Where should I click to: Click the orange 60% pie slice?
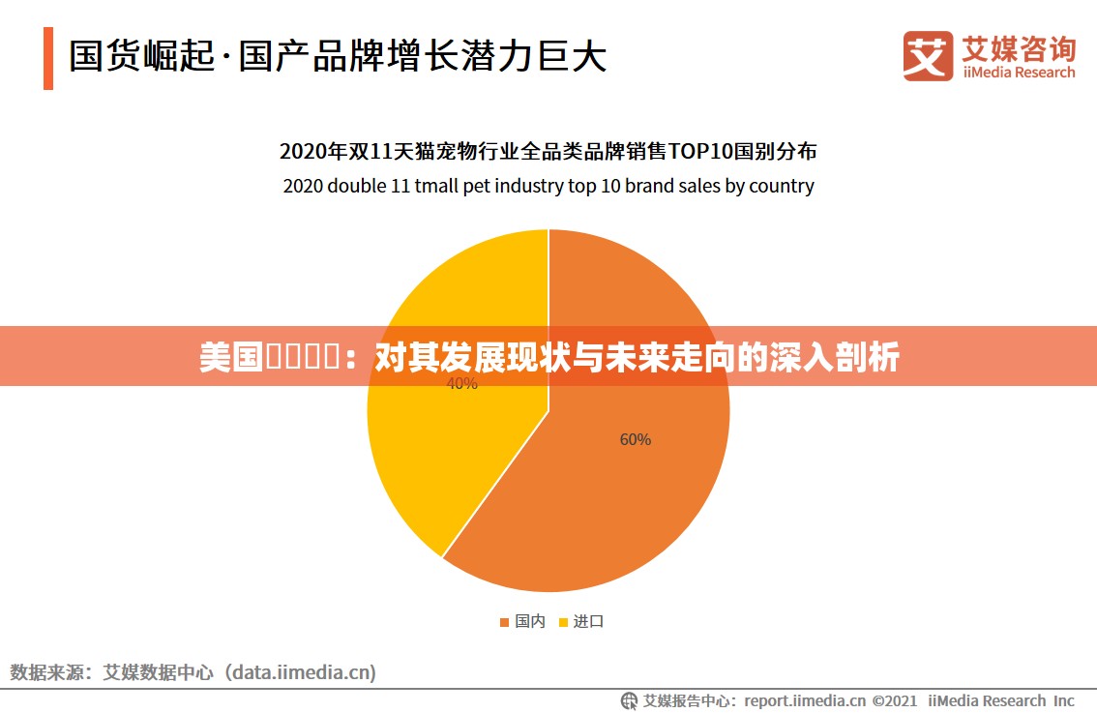click(x=619, y=484)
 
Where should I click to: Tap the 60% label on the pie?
click(x=636, y=439)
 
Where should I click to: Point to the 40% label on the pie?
click(x=461, y=384)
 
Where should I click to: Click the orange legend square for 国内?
click(x=504, y=622)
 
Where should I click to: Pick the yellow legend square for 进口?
click(x=563, y=622)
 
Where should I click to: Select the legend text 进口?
click(x=588, y=621)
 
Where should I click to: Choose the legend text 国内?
click(x=530, y=621)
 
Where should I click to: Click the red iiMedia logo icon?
click(x=928, y=55)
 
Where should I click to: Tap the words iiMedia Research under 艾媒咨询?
click(x=1019, y=73)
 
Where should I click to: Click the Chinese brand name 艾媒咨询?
click(x=1019, y=47)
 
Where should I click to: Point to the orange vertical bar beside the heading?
click(x=48, y=58)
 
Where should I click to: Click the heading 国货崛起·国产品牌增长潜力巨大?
click(x=338, y=56)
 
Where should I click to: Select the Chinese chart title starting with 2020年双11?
click(x=548, y=151)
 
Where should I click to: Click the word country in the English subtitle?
click(x=782, y=186)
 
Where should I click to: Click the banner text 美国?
click(x=231, y=358)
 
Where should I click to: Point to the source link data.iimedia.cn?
click(x=301, y=671)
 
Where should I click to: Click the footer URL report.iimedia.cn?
click(x=805, y=700)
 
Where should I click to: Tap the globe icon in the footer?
click(x=630, y=700)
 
